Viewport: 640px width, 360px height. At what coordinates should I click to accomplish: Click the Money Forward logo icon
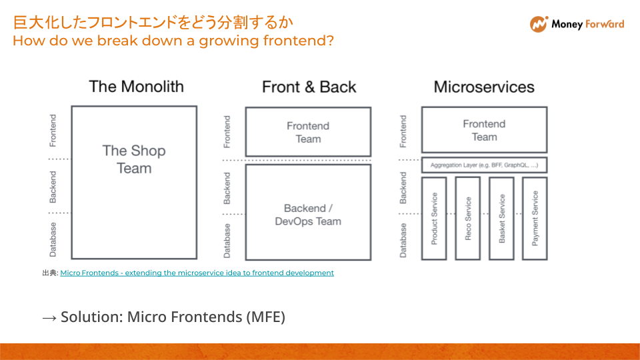coord(538,24)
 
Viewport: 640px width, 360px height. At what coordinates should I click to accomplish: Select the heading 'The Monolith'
coord(136,86)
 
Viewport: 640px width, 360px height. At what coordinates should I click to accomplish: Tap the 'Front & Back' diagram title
coord(309,87)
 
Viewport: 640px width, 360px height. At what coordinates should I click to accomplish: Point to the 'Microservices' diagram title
coord(484,87)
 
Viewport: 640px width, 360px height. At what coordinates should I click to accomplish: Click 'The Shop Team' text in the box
coord(134,159)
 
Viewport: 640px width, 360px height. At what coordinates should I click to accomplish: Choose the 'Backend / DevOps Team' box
coord(308,214)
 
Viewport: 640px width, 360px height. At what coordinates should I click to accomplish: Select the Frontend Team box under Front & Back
coord(308,132)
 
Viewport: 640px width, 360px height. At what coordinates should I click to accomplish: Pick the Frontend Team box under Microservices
coord(484,130)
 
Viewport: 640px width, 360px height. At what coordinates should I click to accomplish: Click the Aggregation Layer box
coord(484,165)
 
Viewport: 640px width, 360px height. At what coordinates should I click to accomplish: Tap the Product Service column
coord(434,218)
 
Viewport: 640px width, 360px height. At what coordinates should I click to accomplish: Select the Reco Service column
coord(467,218)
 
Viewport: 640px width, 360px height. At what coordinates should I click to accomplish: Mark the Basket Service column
coord(501,218)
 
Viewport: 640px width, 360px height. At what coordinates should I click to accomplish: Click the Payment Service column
coord(535,218)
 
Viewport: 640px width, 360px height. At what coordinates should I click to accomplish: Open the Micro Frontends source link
coord(197,273)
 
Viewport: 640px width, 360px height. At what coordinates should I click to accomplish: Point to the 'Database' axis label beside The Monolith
coord(53,239)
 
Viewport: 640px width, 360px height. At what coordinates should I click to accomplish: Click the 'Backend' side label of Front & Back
coord(227,187)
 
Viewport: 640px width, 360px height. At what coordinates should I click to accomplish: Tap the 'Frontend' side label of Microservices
coord(403,131)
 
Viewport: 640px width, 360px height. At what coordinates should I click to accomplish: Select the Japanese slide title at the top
coord(153,23)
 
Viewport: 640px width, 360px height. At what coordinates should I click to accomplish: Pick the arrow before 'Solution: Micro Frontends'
coord(49,317)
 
